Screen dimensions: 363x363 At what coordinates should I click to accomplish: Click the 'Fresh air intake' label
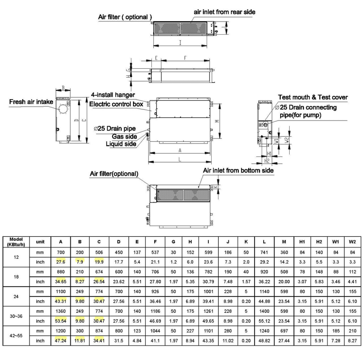(x=31, y=102)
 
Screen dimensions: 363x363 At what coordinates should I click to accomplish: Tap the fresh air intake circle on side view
(x=63, y=109)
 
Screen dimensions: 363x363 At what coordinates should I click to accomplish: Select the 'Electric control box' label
(x=116, y=104)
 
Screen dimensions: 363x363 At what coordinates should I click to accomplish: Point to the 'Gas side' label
(x=124, y=136)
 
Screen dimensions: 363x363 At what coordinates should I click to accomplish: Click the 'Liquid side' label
(x=121, y=144)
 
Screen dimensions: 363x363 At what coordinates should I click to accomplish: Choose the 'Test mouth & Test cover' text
(x=313, y=97)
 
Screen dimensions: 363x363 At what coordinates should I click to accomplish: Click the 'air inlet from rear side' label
(x=224, y=12)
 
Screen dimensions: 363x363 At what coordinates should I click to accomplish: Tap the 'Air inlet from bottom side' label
(x=238, y=171)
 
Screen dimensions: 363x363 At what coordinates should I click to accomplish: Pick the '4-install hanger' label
(x=113, y=95)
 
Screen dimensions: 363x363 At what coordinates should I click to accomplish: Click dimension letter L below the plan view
(x=180, y=160)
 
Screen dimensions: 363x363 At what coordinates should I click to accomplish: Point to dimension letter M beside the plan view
(x=217, y=121)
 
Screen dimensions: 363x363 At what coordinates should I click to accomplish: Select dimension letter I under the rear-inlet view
(x=180, y=43)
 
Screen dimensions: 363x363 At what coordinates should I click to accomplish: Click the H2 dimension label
(x=267, y=161)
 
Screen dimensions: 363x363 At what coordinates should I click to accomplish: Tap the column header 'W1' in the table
(x=336, y=242)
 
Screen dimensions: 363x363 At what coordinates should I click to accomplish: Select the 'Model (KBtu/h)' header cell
(x=16, y=242)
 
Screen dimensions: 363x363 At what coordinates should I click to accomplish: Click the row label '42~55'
(x=16, y=336)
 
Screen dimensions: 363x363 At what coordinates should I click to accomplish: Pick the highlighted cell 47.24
(x=60, y=341)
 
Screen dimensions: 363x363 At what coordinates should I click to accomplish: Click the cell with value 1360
(x=60, y=311)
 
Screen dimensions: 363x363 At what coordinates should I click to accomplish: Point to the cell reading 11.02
(x=228, y=341)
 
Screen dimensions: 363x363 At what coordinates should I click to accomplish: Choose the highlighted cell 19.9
(x=99, y=262)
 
